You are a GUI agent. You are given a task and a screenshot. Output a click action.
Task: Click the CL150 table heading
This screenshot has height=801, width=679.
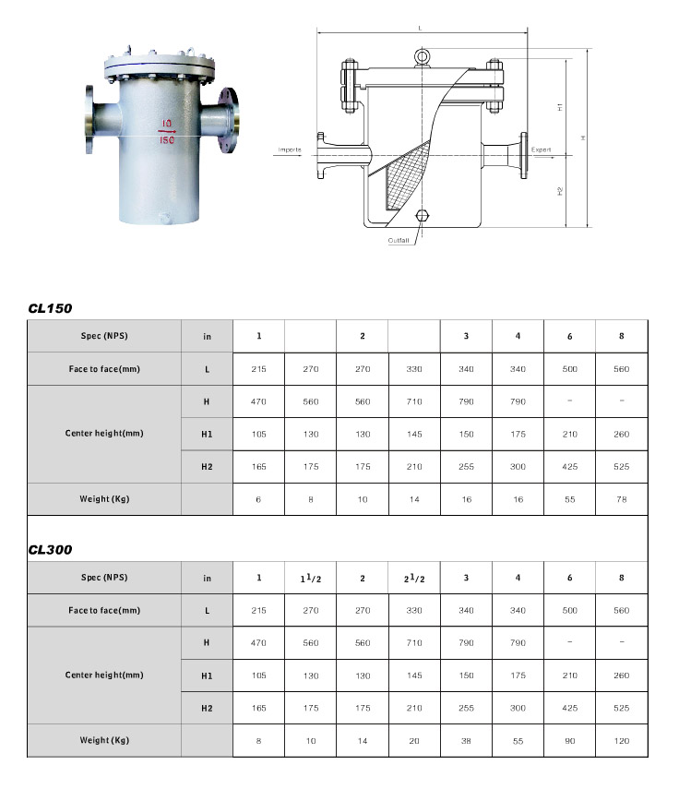click(50, 308)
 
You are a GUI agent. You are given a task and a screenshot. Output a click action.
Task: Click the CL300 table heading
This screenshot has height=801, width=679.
click(50, 550)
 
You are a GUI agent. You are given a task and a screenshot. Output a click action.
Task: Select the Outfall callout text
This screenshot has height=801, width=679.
click(400, 240)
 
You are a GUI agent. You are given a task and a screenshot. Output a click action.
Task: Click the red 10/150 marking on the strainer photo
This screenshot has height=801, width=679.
click(167, 131)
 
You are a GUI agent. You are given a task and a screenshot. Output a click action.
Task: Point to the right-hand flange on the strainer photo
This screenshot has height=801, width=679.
click(229, 118)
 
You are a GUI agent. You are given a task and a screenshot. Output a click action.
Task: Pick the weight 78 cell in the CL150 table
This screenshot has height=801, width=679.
click(621, 499)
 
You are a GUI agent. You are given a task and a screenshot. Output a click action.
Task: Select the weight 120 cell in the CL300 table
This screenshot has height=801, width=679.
click(621, 741)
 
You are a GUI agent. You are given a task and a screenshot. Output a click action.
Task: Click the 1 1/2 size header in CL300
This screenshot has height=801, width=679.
click(310, 579)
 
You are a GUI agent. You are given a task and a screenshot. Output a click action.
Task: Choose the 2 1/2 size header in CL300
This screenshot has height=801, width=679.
click(414, 579)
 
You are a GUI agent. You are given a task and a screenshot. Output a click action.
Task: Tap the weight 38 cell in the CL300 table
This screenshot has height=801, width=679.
click(466, 741)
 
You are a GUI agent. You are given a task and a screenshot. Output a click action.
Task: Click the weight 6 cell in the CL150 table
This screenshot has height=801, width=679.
click(258, 499)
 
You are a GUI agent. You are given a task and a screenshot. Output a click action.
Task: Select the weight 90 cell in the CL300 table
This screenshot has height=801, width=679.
click(569, 741)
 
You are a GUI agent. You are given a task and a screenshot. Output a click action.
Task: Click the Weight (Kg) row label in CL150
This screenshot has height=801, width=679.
click(103, 499)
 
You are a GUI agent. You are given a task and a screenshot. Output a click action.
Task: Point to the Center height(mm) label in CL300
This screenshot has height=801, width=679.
click(103, 675)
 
